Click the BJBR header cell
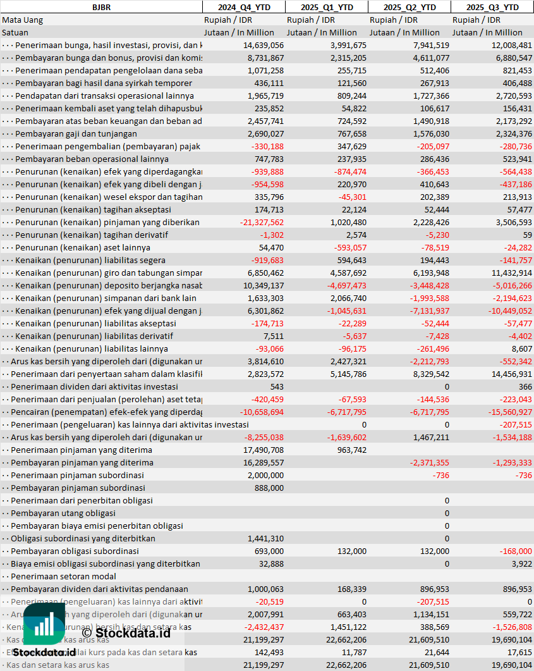coord(100,7)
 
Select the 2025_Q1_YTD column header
coord(327,7)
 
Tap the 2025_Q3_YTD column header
coord(492,7)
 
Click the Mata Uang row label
coord(23,20)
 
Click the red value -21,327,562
coord(262,222)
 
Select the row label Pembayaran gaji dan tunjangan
coord(76,133)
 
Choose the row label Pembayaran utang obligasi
coord(63,513)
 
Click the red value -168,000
coord(515,551)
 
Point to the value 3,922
coord(522,563)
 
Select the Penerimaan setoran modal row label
coord(63,576)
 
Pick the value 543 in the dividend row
coord(277,386)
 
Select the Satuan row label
coord(15,32)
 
